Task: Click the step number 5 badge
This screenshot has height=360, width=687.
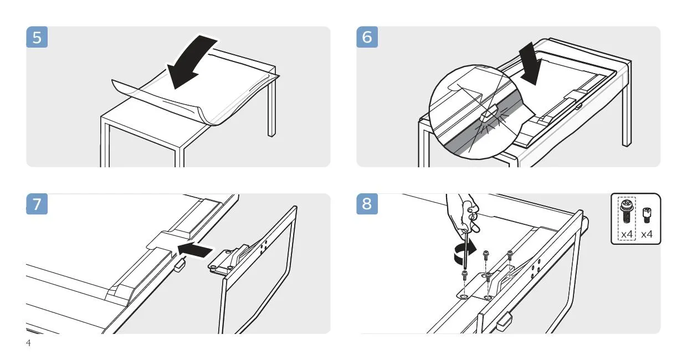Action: (x=37, y=37)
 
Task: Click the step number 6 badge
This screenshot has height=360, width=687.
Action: (x=367, y=37)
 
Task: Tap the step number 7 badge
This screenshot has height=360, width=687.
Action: (x=37, y=204)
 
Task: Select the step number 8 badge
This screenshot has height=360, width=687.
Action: (x=367, y=204)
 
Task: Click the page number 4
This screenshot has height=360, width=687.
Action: (x=28, y=342)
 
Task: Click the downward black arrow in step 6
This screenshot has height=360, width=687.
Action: (x=530, y=63)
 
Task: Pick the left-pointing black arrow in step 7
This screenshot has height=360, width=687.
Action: (x=195, y=249)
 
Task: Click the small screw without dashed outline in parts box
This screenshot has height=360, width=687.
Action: (x=647, y=215)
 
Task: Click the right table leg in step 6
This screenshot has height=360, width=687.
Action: (x=627, y=104)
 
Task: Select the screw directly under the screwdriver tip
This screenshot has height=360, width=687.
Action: (x=465, y=275)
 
